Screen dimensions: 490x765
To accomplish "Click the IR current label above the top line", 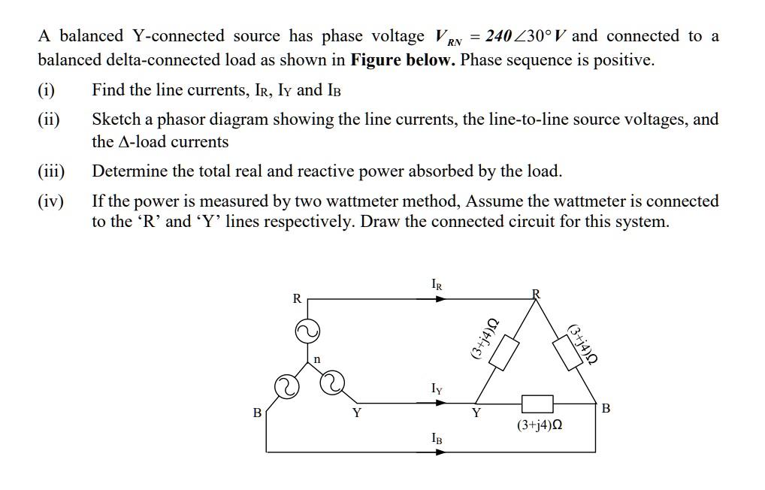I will [x=437, y=285].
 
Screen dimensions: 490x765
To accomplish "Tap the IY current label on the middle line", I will [x=437, y=389].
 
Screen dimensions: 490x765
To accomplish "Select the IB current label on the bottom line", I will [x=437, y=438].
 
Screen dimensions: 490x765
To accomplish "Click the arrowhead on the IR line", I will [x=441, y=298].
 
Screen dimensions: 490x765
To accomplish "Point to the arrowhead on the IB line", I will [x=441, y=452].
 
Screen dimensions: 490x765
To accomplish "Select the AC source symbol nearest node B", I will [x=286, y=386].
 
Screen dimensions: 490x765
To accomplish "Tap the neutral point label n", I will [x=317, y=360].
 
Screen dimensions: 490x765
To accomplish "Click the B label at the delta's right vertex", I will [x=606, y=409].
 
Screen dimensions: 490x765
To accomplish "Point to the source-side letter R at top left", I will [x=296, y=298].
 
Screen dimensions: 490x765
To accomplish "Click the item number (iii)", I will [x=52, y=171].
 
